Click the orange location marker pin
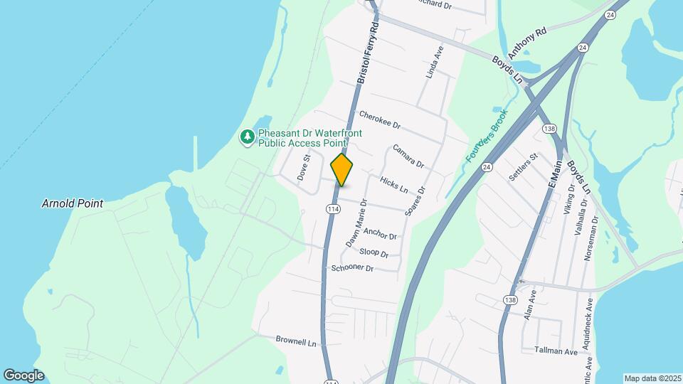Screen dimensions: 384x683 tap(342, 170)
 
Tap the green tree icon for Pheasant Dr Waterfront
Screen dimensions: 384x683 tap(248, 137)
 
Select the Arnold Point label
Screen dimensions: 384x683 tap(72, 203)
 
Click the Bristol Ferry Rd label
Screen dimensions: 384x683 tap(367, 53)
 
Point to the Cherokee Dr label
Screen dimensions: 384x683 tap(380, 119)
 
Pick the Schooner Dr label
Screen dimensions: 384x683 tap(352, 268)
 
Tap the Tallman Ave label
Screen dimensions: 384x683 tap(556, 351)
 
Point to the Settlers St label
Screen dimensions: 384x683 tap(524, 167)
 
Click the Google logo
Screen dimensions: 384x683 tap(23, 375)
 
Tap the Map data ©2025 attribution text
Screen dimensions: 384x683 tap(652, 378)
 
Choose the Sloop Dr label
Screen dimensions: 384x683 tap(374, 252)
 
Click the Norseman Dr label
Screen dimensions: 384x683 tap(591, 238)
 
